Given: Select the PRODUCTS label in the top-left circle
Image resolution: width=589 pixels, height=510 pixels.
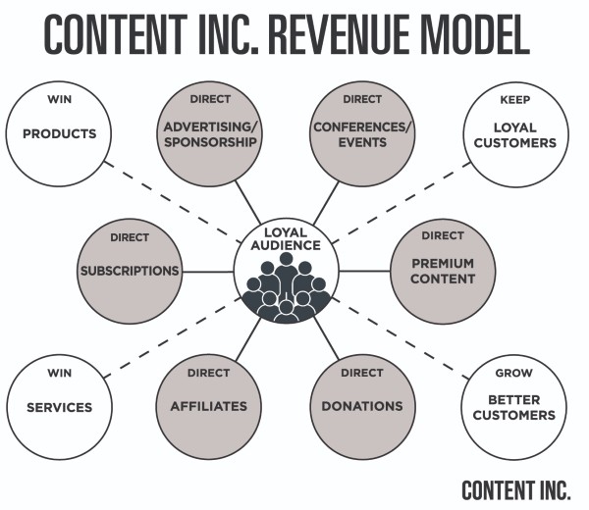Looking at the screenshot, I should [60, 133].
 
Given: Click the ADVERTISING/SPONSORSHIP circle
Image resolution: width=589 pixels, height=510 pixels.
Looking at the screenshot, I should [210, 133].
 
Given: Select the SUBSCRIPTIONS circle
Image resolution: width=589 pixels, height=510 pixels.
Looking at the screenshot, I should [130, 270].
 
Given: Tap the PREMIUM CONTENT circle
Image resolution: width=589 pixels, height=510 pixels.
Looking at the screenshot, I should [443, 270].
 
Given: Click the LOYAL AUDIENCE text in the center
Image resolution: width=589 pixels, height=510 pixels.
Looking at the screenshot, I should [286, 239].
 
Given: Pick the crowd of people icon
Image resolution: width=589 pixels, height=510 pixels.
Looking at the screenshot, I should [286, 289].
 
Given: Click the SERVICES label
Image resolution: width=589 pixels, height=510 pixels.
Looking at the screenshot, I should [60, 407].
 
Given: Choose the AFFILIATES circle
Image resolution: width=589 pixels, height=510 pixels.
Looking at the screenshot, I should [209, 406].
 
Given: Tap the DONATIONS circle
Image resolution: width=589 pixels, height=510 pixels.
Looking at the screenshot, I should [361, 406].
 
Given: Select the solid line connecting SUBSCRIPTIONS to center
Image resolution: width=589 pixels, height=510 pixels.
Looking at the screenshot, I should [207, 272].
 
